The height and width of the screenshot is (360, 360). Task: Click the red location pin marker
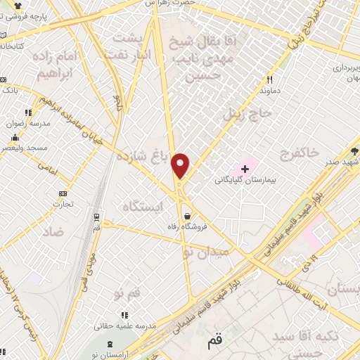pos(181,166)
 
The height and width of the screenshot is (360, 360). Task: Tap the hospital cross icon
pos(245,169)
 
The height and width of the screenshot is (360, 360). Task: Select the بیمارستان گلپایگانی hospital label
pos(248,181)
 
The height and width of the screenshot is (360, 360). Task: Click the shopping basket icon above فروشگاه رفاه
pos(187,216)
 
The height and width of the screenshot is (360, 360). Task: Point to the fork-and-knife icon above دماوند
pos(269,80)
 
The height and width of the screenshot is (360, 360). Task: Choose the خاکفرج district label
pos(299,153)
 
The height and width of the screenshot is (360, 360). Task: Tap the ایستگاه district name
pos(143,207)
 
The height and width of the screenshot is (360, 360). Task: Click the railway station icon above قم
pos(96,216)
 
